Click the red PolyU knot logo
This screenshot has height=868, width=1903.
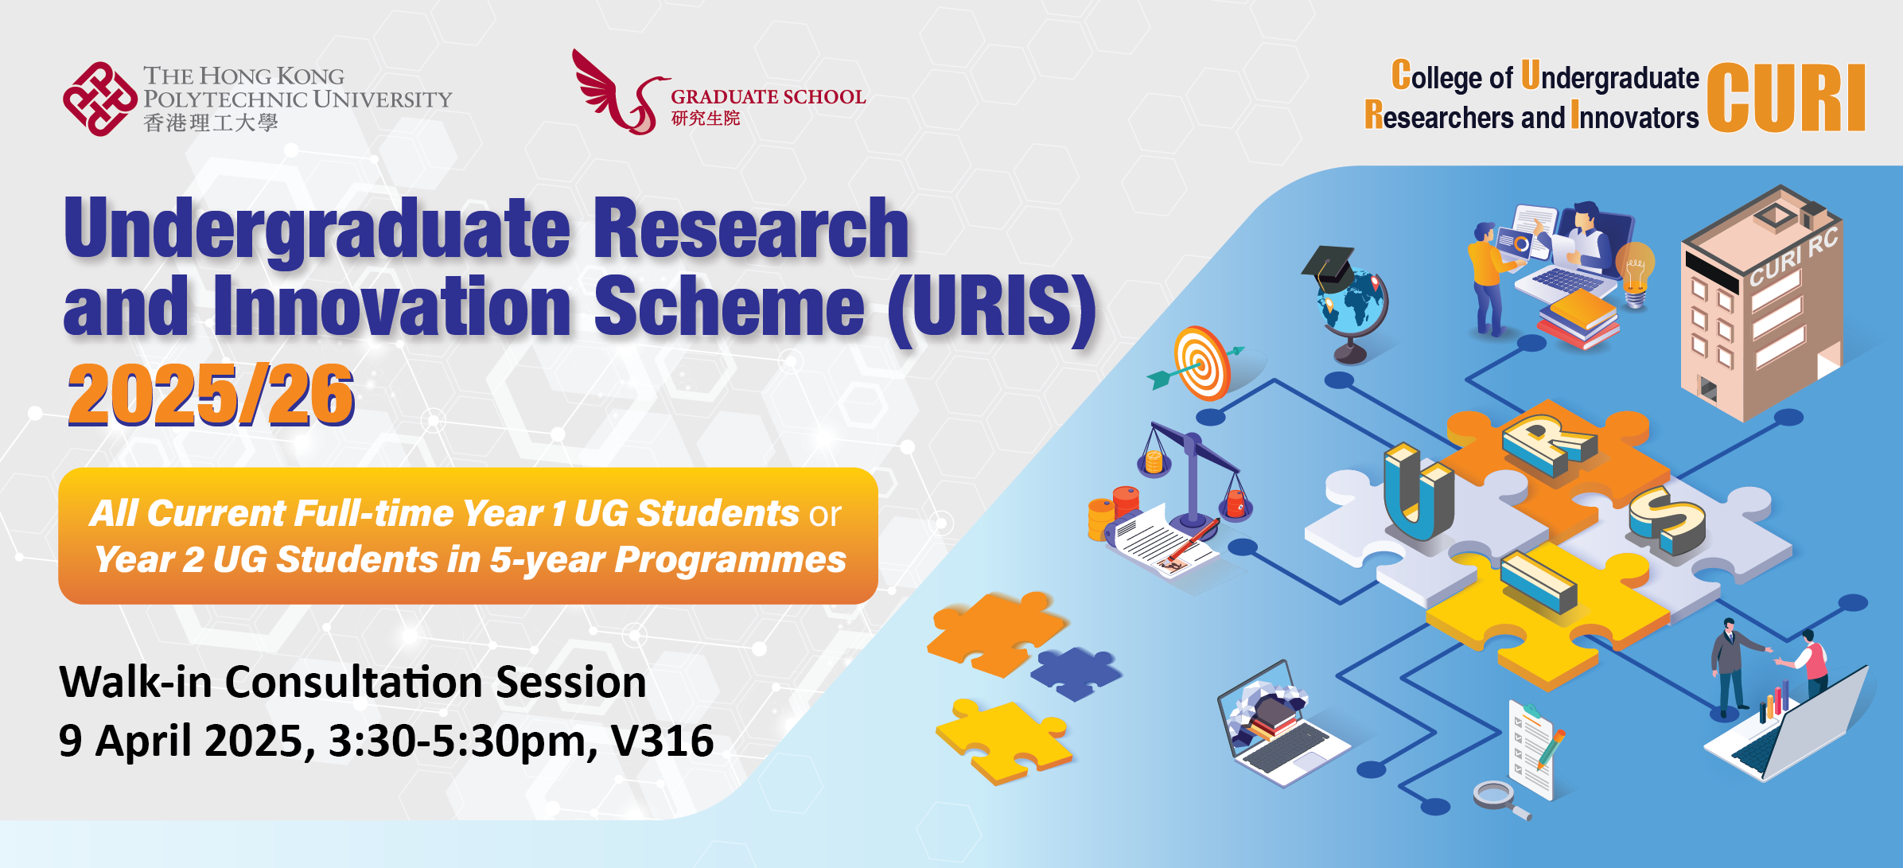tap(100, 99)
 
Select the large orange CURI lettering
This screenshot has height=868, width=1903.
tap(1787, 97)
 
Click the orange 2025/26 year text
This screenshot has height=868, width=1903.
tap(211, 395)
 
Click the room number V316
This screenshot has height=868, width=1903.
tap(662, 741)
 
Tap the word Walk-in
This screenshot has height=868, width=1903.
tap(135, 682)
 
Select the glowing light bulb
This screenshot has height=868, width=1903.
tap(1635, 274)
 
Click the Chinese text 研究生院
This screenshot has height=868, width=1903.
tap(706, 119)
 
